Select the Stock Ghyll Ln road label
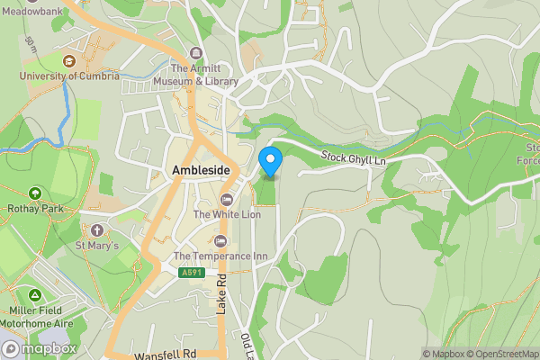pos(354,158)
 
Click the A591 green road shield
pos(189,273)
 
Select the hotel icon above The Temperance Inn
pos(220,241)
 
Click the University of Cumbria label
pos(69,76)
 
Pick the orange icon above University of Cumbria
pos(69,60)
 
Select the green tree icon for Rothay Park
pos(35,192)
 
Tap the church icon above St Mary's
pos(97,229)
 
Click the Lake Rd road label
pos(221,295)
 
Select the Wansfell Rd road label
pos(165,354)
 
